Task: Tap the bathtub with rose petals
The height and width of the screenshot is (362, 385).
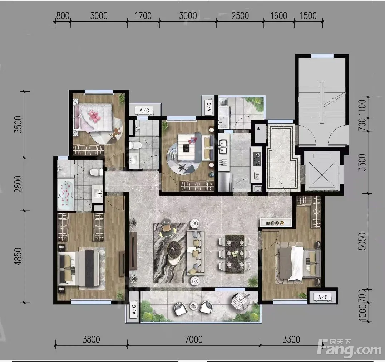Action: click(65, 195)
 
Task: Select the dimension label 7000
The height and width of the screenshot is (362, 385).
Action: click(194, 339)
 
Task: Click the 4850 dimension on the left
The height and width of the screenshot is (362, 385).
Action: click(18, 256)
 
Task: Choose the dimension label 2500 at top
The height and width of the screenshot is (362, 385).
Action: click(240, 16)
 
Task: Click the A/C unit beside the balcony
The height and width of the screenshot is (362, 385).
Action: click(134, 309)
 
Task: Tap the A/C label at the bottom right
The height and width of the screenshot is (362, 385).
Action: click(323, 297)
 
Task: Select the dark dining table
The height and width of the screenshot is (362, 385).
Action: click(235, 254)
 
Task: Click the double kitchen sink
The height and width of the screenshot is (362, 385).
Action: click(223, 146)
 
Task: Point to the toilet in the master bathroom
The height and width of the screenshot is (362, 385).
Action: click(96, 172)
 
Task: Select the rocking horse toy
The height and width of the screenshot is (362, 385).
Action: click(115, 133)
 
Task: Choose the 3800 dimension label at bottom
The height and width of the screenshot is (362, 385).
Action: click(91, 339)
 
